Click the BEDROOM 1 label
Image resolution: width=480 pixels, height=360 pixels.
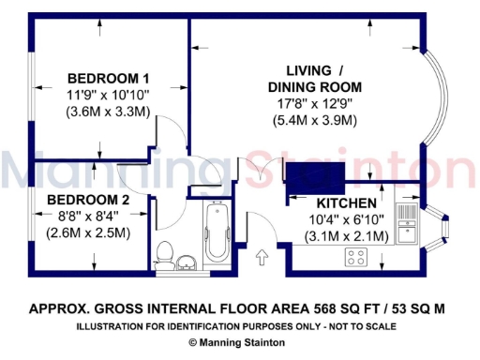coord(109,78)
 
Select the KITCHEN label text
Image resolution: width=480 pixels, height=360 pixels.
coord(347,203)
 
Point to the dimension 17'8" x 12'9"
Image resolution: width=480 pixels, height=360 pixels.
coord(314,104)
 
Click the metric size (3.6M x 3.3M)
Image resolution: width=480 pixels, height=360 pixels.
coord(109,112)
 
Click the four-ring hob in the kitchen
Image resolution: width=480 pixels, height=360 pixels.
coord(356,256)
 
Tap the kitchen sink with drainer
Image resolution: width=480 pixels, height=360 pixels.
coord(406,223)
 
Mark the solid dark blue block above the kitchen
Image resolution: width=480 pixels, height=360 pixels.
coord(315,175)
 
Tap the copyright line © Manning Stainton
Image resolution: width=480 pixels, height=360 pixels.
coord(239,343)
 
